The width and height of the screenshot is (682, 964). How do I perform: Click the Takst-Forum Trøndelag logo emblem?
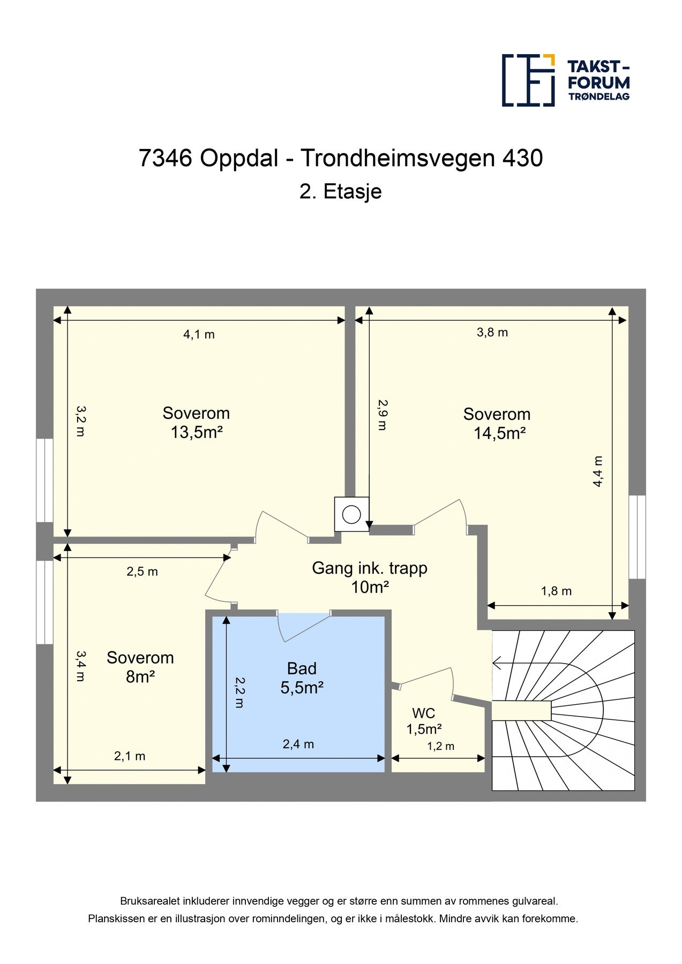[x=528, y=80]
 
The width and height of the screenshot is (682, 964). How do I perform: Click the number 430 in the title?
[x=522, y=158]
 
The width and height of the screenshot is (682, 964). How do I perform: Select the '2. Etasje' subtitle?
[x=341, y=191]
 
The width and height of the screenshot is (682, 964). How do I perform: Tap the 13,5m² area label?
[x=197, y=432]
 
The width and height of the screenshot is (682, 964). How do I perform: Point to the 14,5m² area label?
[x=499, y=433]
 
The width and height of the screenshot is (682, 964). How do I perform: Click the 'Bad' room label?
[x=302, y=668]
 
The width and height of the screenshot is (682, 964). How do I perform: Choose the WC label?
[x=423, y=713]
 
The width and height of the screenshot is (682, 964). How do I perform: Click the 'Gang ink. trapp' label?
[x=370, y=568]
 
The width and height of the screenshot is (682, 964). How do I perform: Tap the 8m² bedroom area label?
[x=140, y=677]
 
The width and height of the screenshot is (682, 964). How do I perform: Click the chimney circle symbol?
[x=352, y=515]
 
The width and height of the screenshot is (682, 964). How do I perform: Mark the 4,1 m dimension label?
[x=199, y=335]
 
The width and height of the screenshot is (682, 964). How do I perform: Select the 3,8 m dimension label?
[x=492, y=333]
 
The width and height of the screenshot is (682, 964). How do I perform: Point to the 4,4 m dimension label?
[x=598, y=471]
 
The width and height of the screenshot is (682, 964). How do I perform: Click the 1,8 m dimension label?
[x=556, y=591]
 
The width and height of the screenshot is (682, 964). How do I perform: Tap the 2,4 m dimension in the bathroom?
[x=298, y=744]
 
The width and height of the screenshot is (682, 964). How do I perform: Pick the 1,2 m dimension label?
[x=440, y=747]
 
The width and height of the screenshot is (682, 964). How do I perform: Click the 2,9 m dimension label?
[x=382, y=415]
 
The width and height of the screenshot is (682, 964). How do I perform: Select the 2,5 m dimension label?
[x=142, y=572]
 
